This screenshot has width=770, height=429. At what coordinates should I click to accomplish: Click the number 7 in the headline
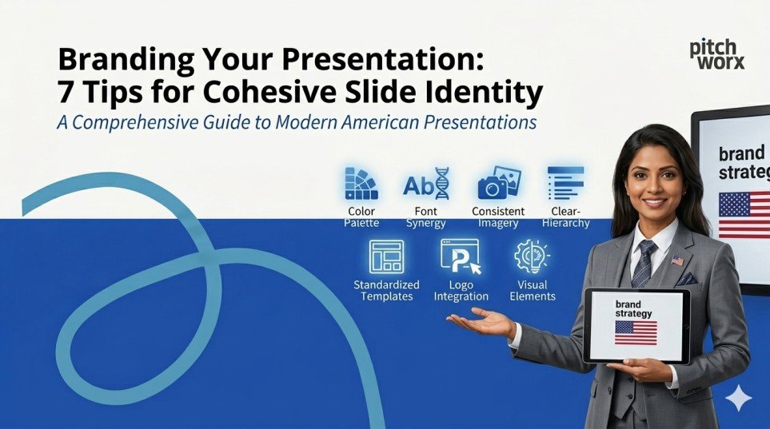coord(67,93)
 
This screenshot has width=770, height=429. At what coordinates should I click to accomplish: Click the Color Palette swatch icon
coord(361,184)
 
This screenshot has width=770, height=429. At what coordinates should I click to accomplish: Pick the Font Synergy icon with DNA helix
coord(425,184)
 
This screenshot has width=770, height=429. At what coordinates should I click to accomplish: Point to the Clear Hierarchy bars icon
coord(565,183)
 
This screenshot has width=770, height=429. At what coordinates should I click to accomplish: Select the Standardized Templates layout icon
coord(386,256)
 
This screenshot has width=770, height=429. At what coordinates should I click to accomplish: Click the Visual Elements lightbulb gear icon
coord(532,256)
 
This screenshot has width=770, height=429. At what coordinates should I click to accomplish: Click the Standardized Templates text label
coord(386,291)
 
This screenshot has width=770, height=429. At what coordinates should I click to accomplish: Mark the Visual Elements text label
coord(533,291)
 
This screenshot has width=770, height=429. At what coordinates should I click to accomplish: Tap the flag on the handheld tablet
coord(636,332)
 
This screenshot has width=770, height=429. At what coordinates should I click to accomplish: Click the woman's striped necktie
coord(644,264)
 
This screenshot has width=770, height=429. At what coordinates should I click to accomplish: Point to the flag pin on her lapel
coord(678,260)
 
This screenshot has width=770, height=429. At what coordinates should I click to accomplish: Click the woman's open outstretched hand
coord(480,321)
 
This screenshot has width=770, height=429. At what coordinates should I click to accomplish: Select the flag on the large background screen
coord(744,214)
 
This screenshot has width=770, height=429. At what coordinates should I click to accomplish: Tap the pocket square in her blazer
coord(686,280)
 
